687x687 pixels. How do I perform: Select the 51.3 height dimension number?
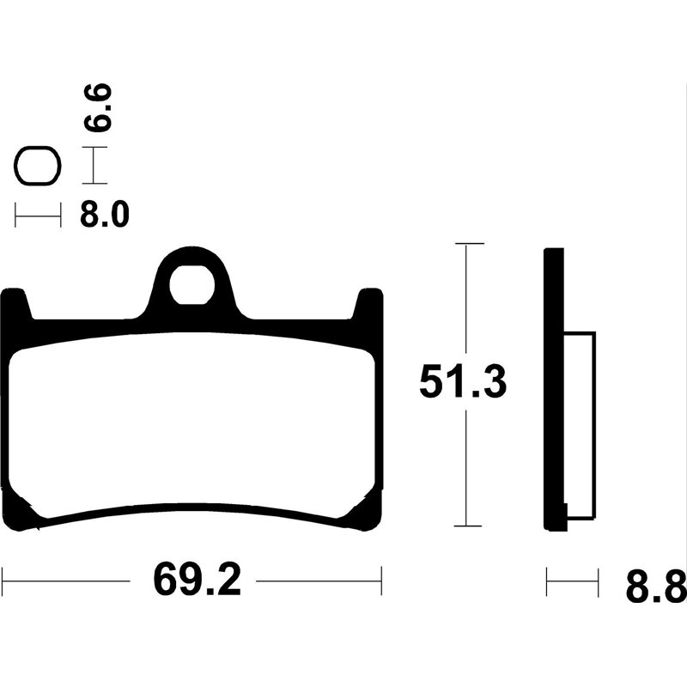point(463,382)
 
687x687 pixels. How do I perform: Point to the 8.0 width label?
point(104,215)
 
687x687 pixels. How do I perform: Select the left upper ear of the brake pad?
point(14,306)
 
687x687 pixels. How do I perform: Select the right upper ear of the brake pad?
point(369,306)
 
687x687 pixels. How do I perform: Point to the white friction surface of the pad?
point(193,421)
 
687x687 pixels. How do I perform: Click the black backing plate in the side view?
point(555,386)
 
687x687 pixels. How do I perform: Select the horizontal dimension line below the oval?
point(38,215)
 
